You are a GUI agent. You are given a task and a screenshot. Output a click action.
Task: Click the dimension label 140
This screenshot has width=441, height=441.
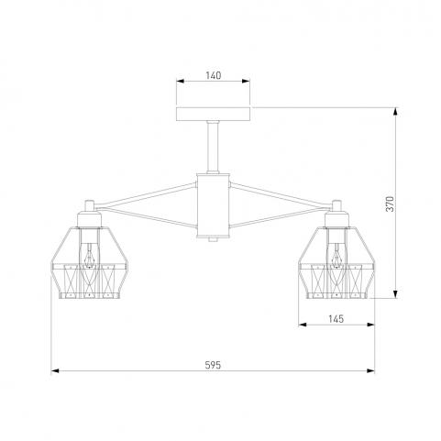pos(213,75)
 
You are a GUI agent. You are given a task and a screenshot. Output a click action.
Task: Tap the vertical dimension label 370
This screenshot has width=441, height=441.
pos(391,204)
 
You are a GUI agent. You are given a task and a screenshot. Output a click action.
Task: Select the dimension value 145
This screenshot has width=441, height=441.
pos(336,319)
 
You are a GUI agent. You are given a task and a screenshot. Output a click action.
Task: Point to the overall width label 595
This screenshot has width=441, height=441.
pos(213,365)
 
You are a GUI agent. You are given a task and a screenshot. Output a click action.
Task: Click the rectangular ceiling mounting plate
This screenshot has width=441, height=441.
pos(213,114)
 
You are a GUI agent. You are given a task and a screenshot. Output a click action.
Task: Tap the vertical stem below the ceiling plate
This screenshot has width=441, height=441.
pos(213,147)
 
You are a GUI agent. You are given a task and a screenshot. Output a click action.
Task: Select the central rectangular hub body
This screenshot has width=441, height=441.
pos(213,205)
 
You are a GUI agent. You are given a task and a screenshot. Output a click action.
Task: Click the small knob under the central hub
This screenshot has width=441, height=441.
pos(213,240)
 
